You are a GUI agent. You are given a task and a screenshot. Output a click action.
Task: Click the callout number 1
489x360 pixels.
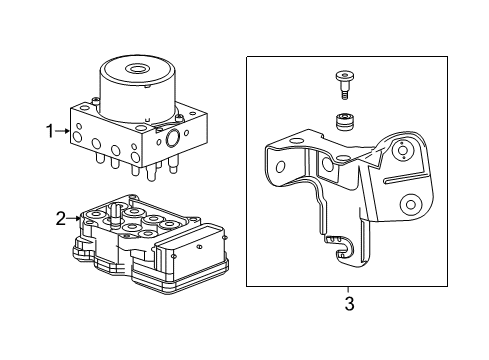pos(46,130)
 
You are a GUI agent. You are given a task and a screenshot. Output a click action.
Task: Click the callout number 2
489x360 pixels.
pos(60,217)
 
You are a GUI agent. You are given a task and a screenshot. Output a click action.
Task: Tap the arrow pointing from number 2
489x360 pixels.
pos(74,217)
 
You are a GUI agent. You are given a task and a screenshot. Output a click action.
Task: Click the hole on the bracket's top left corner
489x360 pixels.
pos(280,150)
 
